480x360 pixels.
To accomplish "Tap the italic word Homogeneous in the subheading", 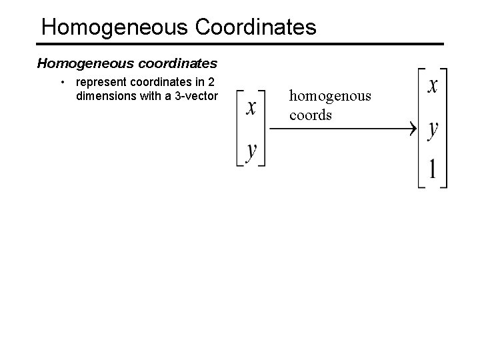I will coord(76,64).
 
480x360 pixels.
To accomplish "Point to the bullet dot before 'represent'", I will coord(61,83).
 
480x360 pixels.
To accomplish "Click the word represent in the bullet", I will coord(100,83).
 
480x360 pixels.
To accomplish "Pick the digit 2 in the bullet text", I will coord(211,83).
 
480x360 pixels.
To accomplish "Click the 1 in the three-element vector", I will coord(433,169).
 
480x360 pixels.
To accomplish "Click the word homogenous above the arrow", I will coord(330,97).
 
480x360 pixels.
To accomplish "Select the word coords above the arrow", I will coord(310,115).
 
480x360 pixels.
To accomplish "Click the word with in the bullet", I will coord(155,95).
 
